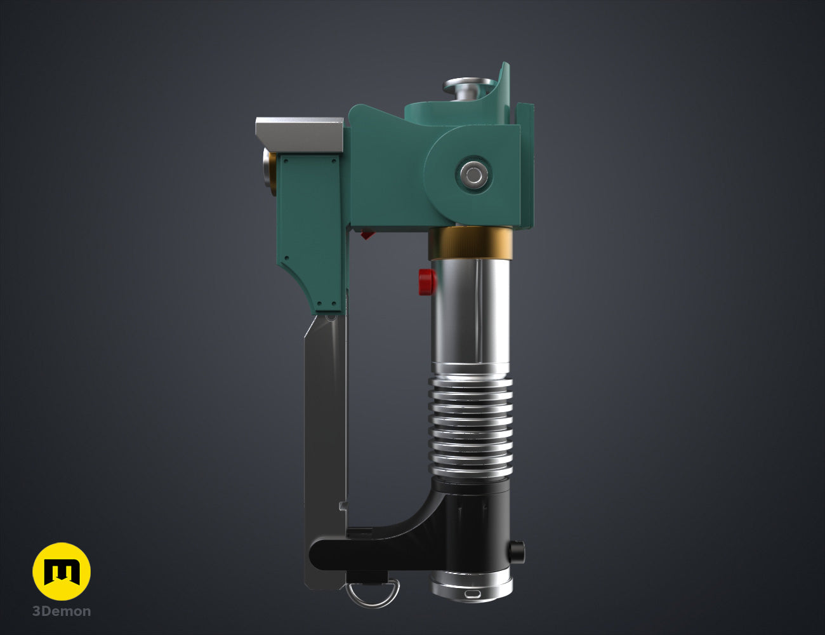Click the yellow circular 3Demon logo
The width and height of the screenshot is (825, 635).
(x=62, y=571)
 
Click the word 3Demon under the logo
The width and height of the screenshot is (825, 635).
(x=62, y=611)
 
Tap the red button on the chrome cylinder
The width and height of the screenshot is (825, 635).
(x=427, y=282)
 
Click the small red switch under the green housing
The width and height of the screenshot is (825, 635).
(x=367, y=234)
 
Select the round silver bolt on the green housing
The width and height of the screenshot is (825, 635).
(x=473, y=175)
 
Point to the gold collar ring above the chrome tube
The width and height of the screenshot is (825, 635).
(x=470, y=243)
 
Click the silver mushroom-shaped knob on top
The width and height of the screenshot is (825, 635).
(x=469, y=88)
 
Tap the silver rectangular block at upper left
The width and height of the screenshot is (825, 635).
(x=300, y=135)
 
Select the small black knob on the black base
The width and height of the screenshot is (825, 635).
(x=517, y=552)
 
